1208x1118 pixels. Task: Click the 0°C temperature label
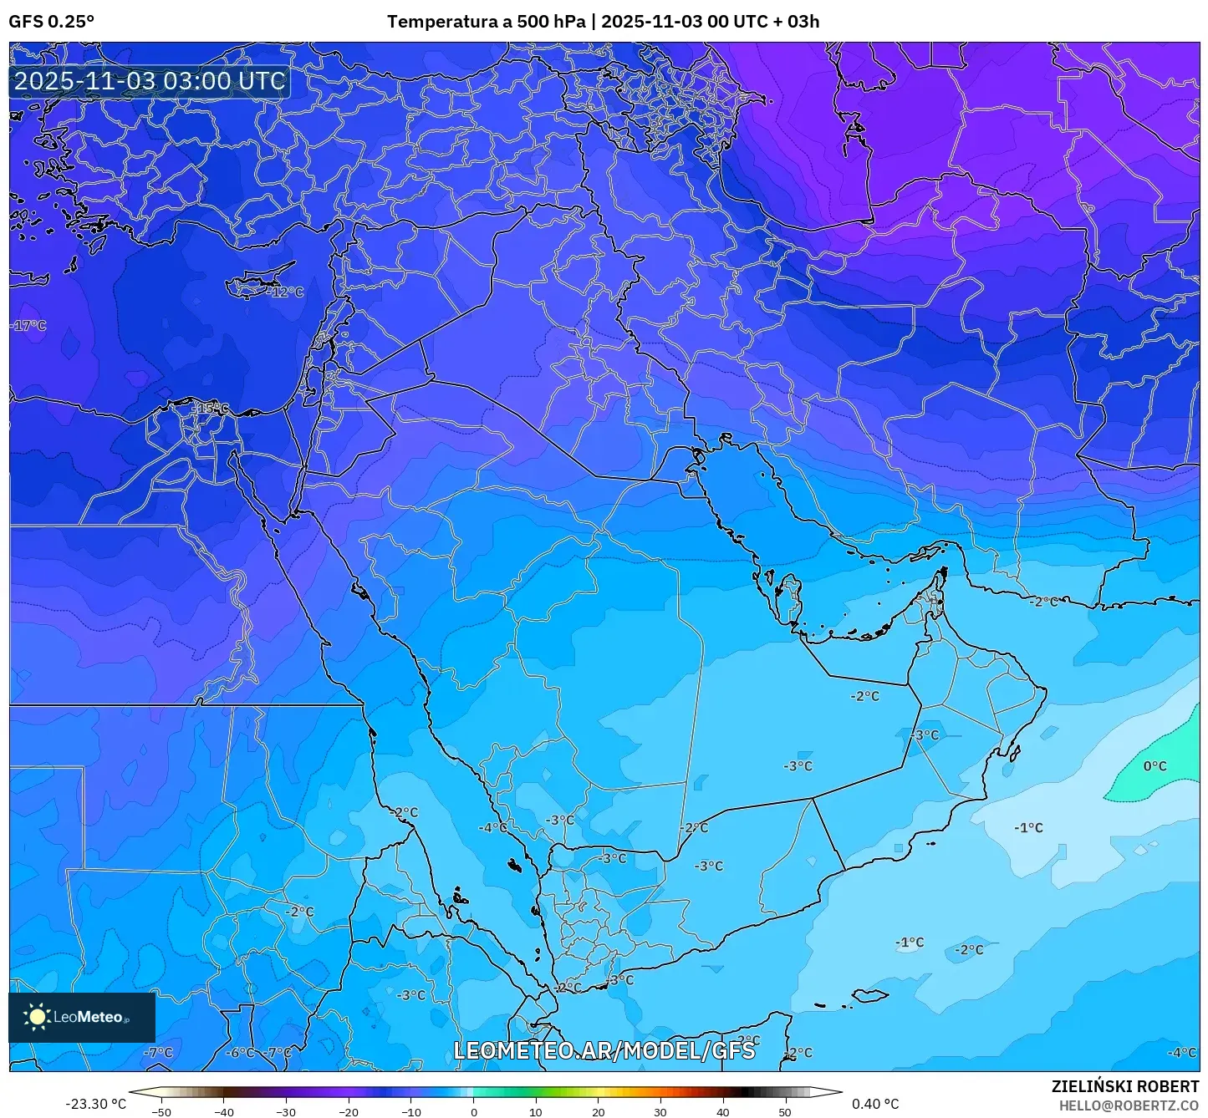point(1154,766)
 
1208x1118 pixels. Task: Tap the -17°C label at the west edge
point(29,325)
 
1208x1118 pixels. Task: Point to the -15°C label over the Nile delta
point(212,408)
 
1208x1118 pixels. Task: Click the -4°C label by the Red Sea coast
point(492,827)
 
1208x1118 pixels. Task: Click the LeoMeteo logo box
point(82,1017)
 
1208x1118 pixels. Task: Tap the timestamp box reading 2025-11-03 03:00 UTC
point(150,81)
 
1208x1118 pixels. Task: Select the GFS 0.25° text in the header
point(52,22)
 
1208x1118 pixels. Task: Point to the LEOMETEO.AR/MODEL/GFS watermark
point(604,1050)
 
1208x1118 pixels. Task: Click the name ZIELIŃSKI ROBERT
point(1124,1086)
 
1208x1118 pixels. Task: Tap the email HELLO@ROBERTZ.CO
point(1129,1105)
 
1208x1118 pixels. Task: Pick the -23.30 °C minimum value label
point(95,1104)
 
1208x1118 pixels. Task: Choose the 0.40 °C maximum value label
point(875,1104)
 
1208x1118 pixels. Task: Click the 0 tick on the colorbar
point(474,1112)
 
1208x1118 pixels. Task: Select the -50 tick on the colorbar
point(161,1112)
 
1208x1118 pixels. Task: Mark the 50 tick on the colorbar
point(784,1112)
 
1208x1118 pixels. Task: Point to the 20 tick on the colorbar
point(598,1112)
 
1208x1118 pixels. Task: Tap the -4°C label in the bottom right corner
point(1181,1053)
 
